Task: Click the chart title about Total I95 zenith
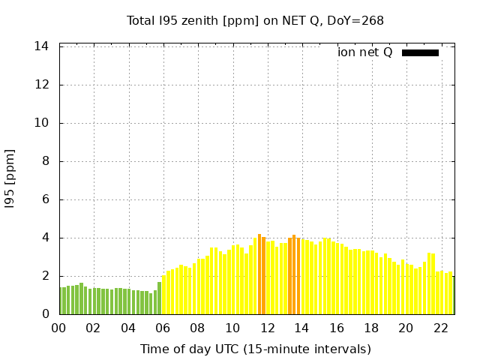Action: pyautogui.click(x=255, y=21)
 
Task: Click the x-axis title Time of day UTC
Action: pyautogui.click(x=255, y=349)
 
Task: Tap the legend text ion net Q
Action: pyautogui.click(x=364, y=52)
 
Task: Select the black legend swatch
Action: pyautogui.click(x=420, y=52)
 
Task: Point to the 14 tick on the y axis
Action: pyautogui.click(x=42, y=46)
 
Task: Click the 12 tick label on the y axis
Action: pyautogui.click(x=42, y=85)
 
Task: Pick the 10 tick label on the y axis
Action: pyautogui.click(x=42, y=123)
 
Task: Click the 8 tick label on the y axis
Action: pyautogui.click(x=45, y=161)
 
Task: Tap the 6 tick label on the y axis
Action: pyautogui.click(x=45, y=199)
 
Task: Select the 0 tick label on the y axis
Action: pyautogui.click(x=45, y=314)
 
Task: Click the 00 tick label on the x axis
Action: pyautogui.click(x=59, y=328)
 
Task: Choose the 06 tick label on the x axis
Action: pyautogui.click(x=163, y=328)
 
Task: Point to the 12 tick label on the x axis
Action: pyautogui.click(x=267, y=328)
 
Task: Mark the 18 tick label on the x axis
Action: pyautogui.click(x=371, y=328)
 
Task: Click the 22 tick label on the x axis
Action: pyautogui.click(x=440, y=328)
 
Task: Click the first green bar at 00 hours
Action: pyautogui.click(x=61, y=301)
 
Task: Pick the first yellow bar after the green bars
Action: pyautogui.click(x=163, y=295)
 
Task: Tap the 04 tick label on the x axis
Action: pyautogui.click(x=128, y=328)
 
